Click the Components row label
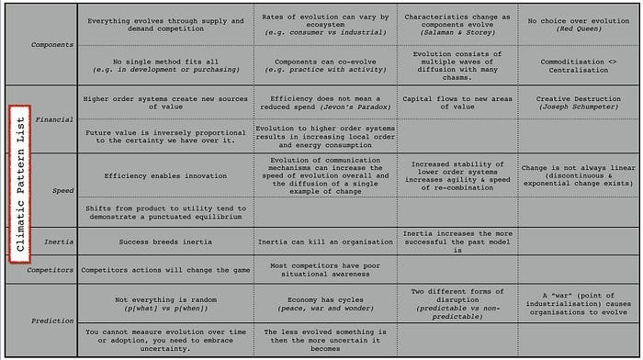pos(52,44)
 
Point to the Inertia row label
pos(58,242)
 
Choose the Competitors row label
pos(51,270)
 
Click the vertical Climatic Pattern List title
pos(20,183)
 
